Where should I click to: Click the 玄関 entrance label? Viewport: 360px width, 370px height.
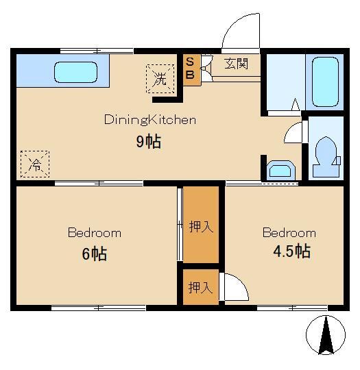[x=236, y=64]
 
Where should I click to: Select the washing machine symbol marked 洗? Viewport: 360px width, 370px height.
[x=160, y=79]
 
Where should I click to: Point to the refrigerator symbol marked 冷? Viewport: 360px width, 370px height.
[x=35, y=164]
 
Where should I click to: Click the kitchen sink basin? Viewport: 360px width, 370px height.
[x=76, y=72]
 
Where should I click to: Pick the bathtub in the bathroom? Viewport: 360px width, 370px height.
[x=325, y=82]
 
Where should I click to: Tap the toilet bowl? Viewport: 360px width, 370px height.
[x=326, y=156]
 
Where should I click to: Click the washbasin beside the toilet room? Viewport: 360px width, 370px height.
[x=281, y=170]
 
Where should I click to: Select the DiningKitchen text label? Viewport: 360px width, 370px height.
[x=150, y=120]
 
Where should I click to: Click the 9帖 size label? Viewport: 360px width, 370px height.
[x=149, y=141]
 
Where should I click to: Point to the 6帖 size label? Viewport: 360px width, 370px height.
[x=94, y=254]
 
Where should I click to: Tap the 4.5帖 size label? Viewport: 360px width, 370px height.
[x=291, y=251]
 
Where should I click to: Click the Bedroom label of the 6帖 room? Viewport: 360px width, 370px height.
[x=95, y=233]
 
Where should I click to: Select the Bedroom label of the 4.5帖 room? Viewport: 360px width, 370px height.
[x=289, y=233]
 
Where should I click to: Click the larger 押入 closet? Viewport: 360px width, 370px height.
[x=201, y=225]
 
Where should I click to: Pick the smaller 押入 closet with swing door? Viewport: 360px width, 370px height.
[x=201, y=287]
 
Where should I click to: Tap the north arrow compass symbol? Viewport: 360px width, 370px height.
[x=326, y=335]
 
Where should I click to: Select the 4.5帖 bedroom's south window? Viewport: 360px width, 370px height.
[x=292, y=308]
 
